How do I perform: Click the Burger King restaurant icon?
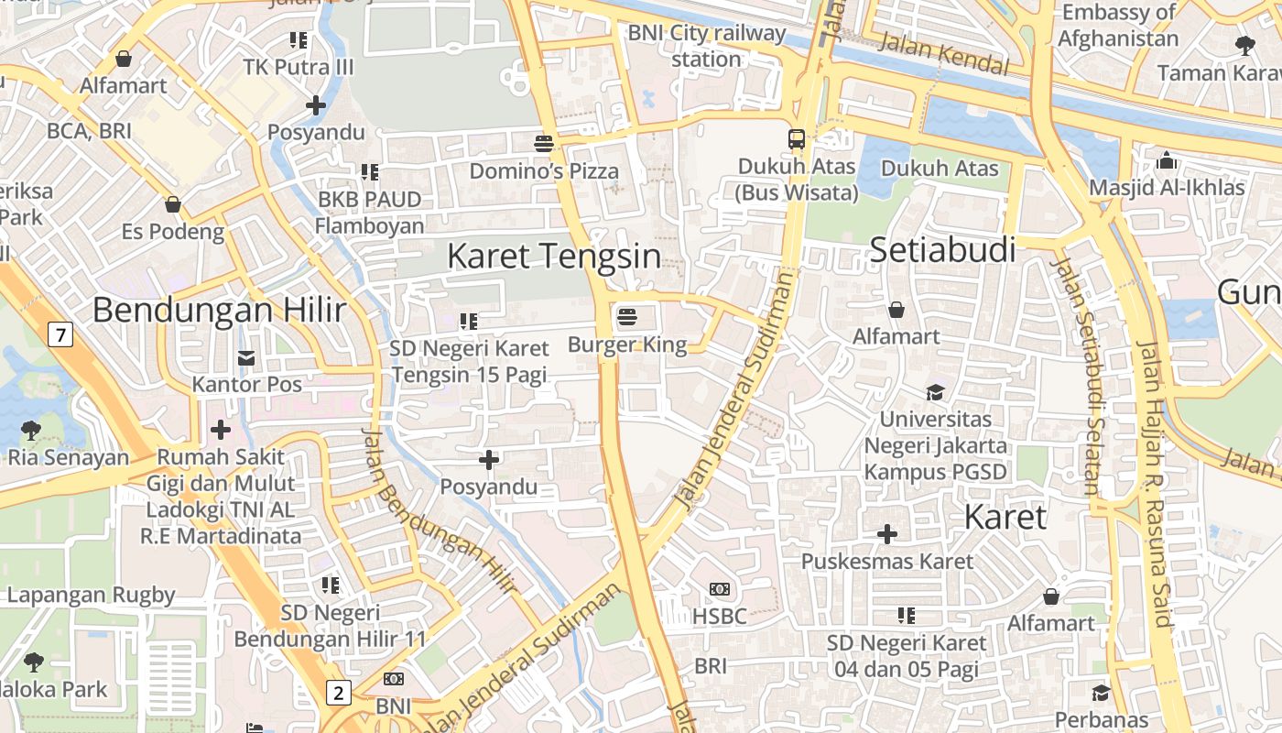627,317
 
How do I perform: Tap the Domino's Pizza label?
544,171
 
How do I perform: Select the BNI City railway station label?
706,46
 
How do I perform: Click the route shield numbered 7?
60,335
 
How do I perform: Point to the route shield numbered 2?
339,693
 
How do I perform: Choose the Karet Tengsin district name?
553,256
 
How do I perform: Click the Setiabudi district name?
942,249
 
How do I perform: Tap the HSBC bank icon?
720,589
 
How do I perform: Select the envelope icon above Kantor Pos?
246,357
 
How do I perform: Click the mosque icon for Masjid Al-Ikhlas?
1167,161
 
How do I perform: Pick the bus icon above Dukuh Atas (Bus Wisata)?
797,139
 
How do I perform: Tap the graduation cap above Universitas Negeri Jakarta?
935,392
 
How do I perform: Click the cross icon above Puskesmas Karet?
887,533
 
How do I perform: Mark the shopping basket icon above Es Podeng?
172,204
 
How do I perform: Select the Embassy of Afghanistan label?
1118,26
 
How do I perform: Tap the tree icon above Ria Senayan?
30,429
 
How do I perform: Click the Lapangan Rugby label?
91,595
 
